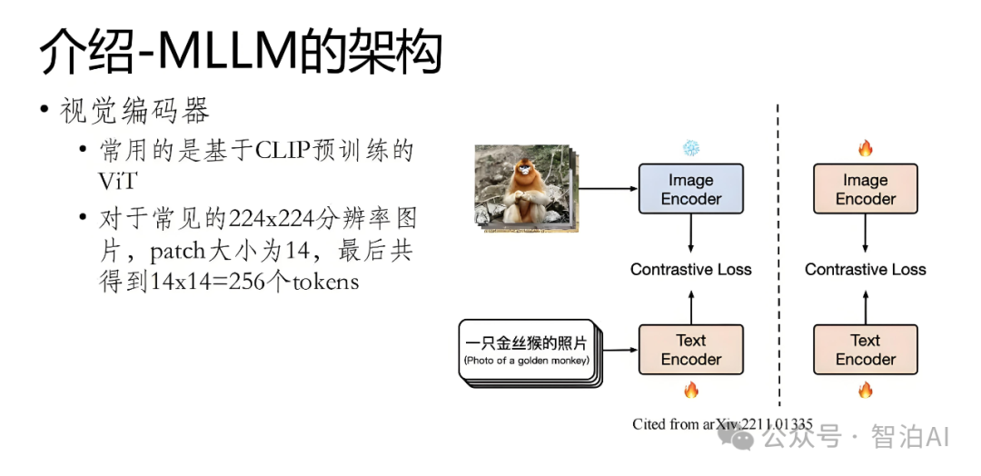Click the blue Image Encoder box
[x=690, y=189]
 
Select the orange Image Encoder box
[x=865, y=189]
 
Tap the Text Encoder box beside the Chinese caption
[x=690, y=350]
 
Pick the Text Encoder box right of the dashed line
[x=865, y=350]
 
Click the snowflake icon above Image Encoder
[x=691, y=147]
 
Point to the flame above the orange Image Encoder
[x=865, y=148]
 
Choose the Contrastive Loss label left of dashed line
[x=690, y=270]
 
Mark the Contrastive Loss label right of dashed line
[x=865, y=270]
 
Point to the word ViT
[x=117, y=181]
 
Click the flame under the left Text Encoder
[x=691, y=391]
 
